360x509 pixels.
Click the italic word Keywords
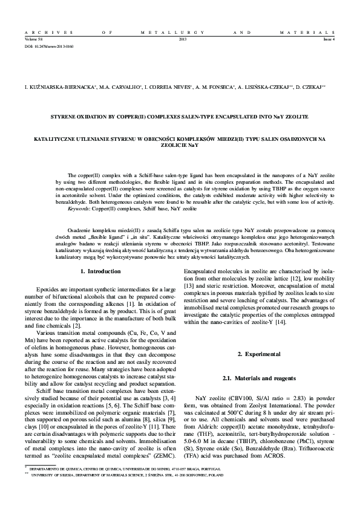pos(79,208)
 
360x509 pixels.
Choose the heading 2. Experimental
pos(260,353)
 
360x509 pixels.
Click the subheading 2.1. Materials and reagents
pos(260,378)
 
